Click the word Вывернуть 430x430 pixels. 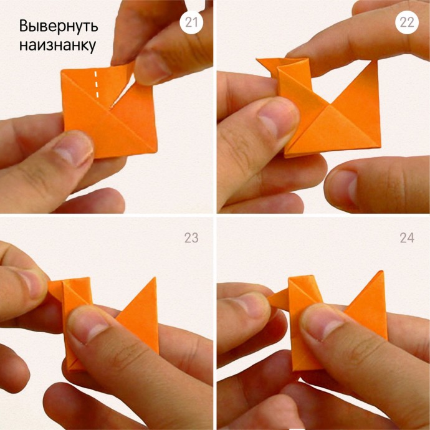tap(59, 26)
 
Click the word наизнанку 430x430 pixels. tap(57, 45)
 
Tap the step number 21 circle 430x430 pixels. tap(191, 22)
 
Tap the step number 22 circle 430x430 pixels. tap(407, 22)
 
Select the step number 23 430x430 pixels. tap(191, 238)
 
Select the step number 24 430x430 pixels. tap(407, 238)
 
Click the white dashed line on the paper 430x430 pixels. tap(96, 84)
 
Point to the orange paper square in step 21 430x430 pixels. tap(110, 112)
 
